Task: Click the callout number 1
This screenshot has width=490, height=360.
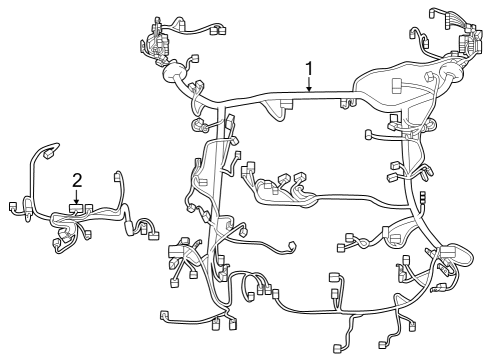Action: (310, 68)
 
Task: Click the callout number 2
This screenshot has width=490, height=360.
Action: (77, 180)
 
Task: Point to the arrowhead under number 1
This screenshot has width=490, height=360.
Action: (310, 92)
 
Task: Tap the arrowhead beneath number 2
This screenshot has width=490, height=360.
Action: (77, 204)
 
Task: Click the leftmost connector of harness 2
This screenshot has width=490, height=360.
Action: (12, 208)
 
